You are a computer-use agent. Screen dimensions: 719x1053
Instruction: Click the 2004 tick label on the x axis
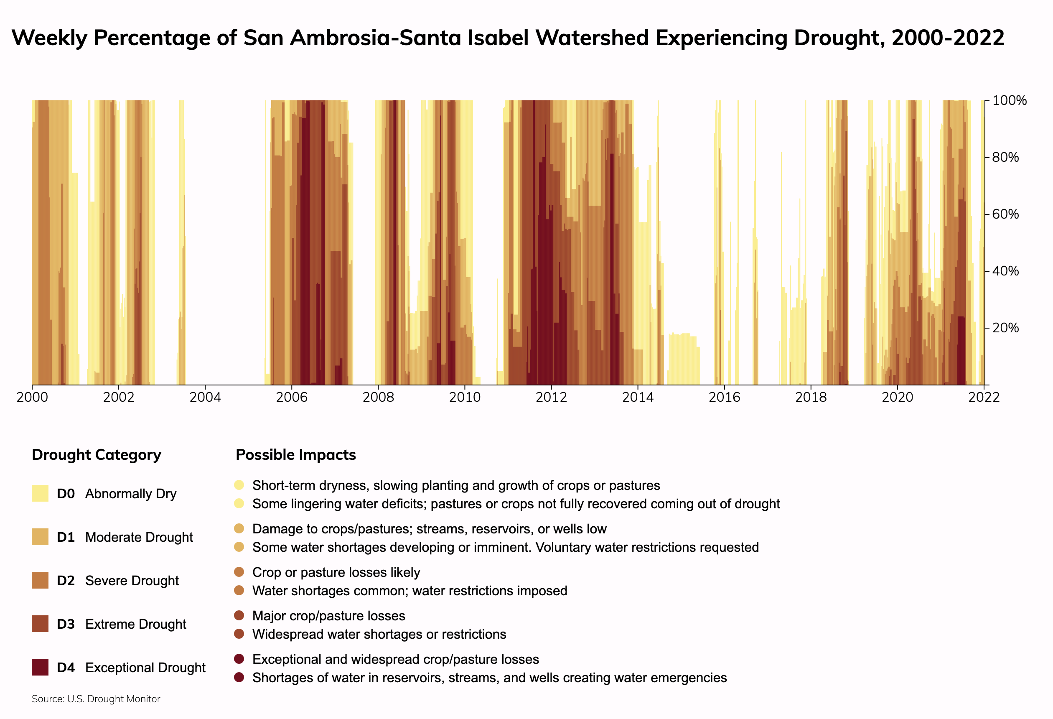click(x=205, y=398)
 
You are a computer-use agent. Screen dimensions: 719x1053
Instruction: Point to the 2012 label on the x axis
click(x=551, y=398)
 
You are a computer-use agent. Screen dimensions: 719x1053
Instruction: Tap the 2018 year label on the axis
click(x=811, y=398)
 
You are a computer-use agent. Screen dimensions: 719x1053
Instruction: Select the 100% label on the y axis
click(x=1009, y=101)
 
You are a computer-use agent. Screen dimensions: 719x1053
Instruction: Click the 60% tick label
click(x=1005, y=214)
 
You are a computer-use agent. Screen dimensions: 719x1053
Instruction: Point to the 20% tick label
click(x=1005, y=328)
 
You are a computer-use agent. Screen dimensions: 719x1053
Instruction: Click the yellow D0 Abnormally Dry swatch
click(x=40, y=493)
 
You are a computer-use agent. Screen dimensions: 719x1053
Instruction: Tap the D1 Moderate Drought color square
click(x=40, y=537)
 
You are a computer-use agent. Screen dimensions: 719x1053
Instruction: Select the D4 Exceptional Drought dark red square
click(x=40, y=667)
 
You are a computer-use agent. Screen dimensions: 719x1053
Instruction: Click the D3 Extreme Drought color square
click(x=40, y=624)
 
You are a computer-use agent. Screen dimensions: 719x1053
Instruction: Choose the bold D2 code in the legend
click(x=66, y=581)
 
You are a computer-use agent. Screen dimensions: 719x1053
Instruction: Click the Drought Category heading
click(x=97, y=455)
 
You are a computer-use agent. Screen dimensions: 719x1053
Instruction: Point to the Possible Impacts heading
click(x=296, y=455)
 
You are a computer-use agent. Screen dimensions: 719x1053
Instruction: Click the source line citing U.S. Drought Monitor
click(x=96, y=699)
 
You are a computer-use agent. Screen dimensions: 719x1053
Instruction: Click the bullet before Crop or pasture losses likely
click(x=239, y=572)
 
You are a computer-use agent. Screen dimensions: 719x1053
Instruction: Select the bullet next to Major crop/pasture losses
click(x=239, y=616)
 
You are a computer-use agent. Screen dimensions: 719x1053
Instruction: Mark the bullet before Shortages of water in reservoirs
click(x=239, y=678)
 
